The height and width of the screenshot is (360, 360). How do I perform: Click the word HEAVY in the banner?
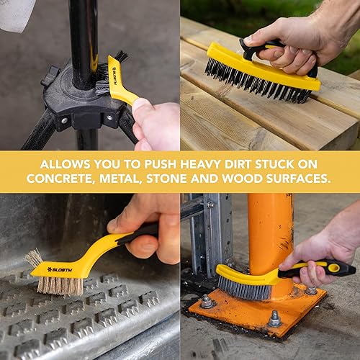click(200, 164)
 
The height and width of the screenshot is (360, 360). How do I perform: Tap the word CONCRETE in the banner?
click(58, 179)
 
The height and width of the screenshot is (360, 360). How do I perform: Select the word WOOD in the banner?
click(242, 179)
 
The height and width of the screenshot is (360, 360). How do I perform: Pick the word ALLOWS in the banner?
click(65, 164)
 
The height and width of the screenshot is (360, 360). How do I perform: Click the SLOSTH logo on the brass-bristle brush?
click(60, 270)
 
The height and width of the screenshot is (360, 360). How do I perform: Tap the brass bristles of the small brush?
click(60, 287)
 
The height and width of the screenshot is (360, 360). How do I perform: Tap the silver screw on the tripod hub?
click(109, 118)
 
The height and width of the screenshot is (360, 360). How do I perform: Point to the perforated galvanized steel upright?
click(211, 235)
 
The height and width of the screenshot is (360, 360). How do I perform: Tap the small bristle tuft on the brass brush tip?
click(34, 258)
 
